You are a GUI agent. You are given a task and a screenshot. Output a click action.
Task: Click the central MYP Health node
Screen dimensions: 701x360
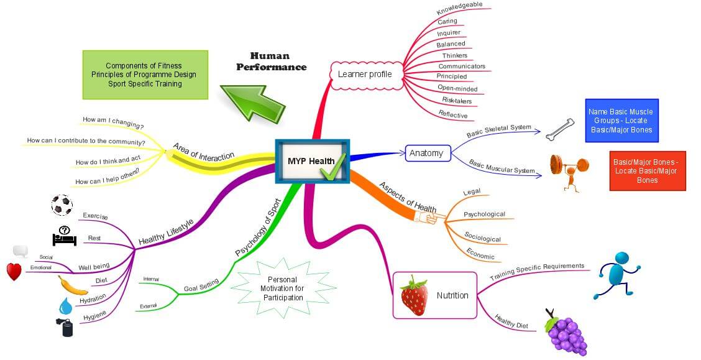coord(313,161)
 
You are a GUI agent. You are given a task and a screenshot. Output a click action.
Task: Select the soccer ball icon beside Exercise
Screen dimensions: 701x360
coord(62,205)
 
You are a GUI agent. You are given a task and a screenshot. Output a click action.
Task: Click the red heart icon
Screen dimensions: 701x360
coord(14,272)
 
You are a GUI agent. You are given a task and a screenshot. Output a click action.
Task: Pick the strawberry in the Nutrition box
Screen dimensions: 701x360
coord(414,295)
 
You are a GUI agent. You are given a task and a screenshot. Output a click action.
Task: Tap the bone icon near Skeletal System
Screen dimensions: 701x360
coord(560,130)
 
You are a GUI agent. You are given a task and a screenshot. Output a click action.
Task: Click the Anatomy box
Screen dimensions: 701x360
coord(428,153)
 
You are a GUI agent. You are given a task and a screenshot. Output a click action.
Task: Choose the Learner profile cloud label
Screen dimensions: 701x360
coord(364,74)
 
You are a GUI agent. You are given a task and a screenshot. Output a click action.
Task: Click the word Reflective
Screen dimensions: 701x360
coord(453,114)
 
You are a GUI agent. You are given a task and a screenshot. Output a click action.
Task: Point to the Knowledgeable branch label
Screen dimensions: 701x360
coord(460,8)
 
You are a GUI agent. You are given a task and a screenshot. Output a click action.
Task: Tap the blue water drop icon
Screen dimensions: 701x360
coord(65,306)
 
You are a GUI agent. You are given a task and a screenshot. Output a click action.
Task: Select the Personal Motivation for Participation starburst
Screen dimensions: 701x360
coord(283,288)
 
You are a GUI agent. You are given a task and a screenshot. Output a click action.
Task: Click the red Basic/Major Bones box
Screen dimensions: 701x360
coord(648,171)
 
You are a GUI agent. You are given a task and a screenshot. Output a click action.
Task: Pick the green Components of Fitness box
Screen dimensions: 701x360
coord(145,75)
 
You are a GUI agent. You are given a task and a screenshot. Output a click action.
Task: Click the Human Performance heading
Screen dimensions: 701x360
coord(272,62)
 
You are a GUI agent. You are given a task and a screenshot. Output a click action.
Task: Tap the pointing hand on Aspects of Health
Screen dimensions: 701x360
coord(429,218)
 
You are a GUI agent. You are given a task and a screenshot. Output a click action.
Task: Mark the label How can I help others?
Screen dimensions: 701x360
coord(108,177)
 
